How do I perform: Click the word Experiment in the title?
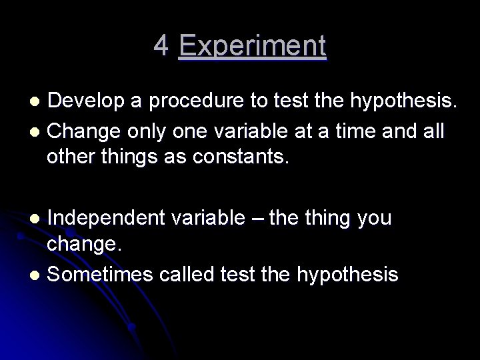tap(253, 46)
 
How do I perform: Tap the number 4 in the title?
tap(161, 46)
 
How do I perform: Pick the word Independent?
tap(107, 217)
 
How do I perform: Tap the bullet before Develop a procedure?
tap(37, 101)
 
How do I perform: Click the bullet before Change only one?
tap(37, 131)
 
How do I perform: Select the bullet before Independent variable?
tap(37, 219)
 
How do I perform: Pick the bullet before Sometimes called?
tap(37, 275)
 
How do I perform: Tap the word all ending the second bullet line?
tap(431, 130)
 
